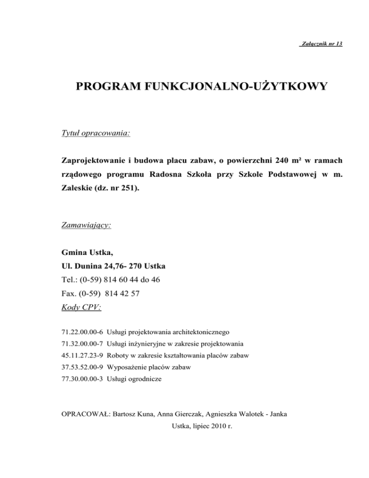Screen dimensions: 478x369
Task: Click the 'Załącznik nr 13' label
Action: click(320, 44)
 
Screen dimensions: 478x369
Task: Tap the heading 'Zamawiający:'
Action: click(86, 224)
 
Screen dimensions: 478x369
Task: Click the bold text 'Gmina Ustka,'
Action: click(86, 252)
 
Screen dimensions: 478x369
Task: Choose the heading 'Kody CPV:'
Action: click(81, 307)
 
